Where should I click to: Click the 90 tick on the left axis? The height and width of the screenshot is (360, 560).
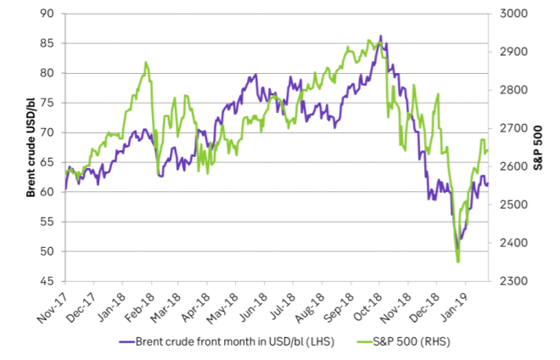[x=52, y=14]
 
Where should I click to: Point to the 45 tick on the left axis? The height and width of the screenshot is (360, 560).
[x=52, y=281]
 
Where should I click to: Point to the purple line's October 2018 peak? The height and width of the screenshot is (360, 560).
[x=381, y=37]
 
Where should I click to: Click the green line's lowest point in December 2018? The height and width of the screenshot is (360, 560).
[x=458, y=262]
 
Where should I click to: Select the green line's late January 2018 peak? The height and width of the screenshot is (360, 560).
[x=146, y=62]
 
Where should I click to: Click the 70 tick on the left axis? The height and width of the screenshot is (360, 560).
[x=52, y=132]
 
